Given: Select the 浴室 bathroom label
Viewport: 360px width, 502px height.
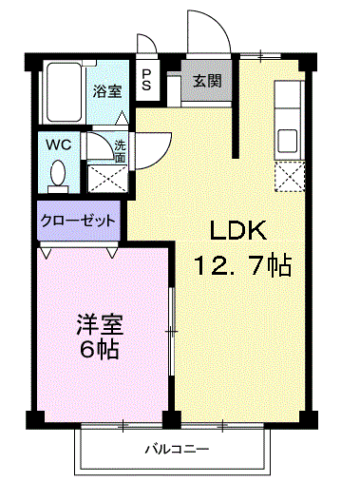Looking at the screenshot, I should point(106,91).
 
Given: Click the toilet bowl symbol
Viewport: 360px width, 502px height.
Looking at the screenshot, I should point(58,173).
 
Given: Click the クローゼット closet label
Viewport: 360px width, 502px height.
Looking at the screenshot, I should point(78,220).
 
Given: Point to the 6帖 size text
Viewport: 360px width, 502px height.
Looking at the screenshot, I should point(99,349).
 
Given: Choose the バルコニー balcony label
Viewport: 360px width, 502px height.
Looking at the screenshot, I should point(178,448).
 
